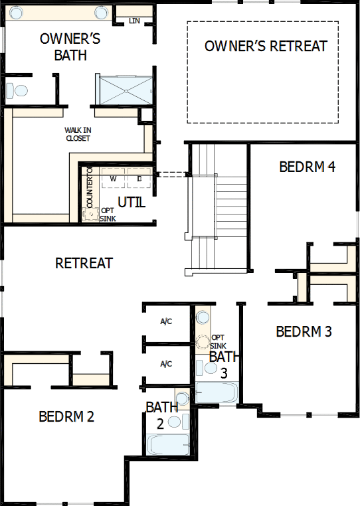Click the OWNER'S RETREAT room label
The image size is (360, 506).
pyautogui.click(x=266, y=46)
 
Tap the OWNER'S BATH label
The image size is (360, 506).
pyautogui.click(x=70, y=46)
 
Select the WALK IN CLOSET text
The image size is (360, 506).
pyautogui.click(x=78, y=134)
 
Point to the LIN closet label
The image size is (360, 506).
pyautogui.click(x=135, y=21)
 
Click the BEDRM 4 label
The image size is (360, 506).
pyautogui.click(x=307, y=166)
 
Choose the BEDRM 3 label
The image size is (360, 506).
pyautogui.click(x=304, y=331)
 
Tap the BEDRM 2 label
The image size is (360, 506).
pyautogui.click(x=66, y=417)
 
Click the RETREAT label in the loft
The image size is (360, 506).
pyautogui.click(x=84, y=263)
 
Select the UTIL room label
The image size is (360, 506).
pyautogui.click(x=131, y=202)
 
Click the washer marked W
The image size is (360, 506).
pyautogui.click(x=113, y=179)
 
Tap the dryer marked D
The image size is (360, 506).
pyautogui.click(x=139, y=179)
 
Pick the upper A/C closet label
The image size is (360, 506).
pyautogui.click(x=166, y=322)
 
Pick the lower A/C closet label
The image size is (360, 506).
pyautogui.click(x=166, y=364)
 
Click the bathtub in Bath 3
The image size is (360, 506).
pyautogui.click(x=215, y=392)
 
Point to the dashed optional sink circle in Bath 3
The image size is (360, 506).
pyautogui.click(x=203, y=344)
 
